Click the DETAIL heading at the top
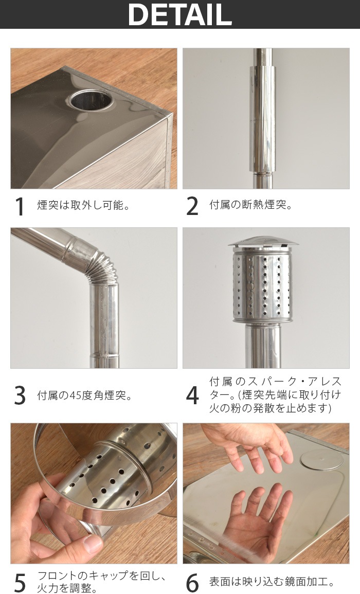(x=180, y=14)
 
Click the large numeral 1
(x=20, y=206)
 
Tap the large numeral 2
(x=192, y=206)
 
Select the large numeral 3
(x=20, y=395)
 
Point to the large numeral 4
(x=192, y=395)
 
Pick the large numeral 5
(x=20, y=583)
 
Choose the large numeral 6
(x=192, y=583)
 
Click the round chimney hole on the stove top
(x=90, y=100)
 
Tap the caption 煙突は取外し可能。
(x=84, y=205)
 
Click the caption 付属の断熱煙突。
(x=251, y=205)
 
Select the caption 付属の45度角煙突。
(x=85, y=395)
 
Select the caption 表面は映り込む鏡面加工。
(x=272, y=582)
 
